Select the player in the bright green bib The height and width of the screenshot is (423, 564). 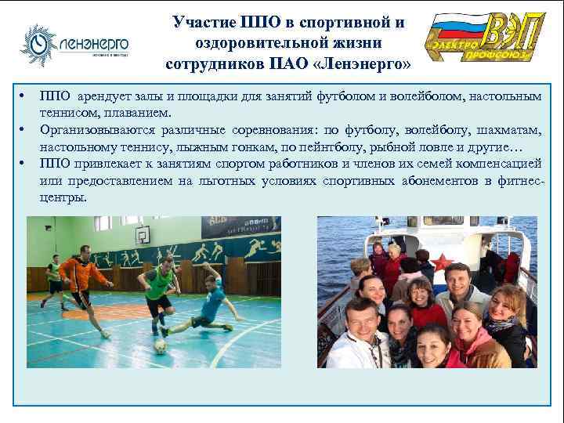[x=158, y=286]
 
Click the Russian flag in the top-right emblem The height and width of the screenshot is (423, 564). [x=461, y=34]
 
